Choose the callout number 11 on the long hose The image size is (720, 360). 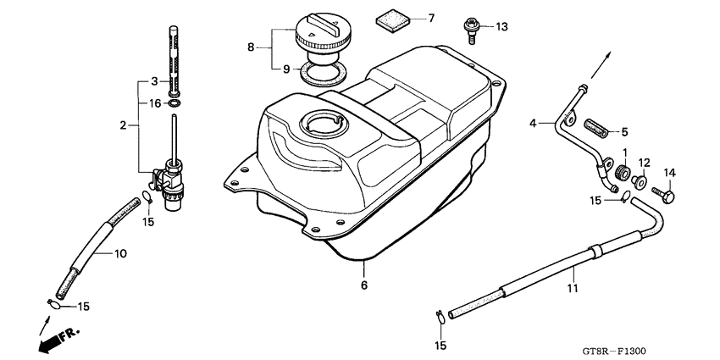(572, 288)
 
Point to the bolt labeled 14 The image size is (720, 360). (666, 197)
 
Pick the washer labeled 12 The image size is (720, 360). (640, 180)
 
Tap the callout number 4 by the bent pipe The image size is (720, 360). (534, 124)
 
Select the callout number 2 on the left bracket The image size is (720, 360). (123, 125)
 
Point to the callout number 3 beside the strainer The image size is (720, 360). (154, 81)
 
